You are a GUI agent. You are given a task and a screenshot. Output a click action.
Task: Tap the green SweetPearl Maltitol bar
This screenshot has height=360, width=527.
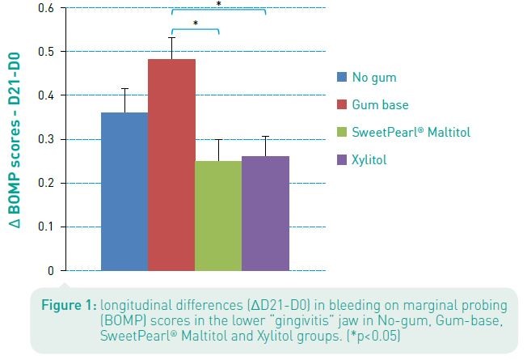point(218,215)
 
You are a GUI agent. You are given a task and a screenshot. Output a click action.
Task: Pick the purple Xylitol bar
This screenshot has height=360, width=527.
point(265,213)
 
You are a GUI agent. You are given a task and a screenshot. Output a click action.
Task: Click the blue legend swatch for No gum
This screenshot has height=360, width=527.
point(342,78)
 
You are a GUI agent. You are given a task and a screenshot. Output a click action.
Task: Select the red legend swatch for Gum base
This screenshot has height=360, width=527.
point(342,105)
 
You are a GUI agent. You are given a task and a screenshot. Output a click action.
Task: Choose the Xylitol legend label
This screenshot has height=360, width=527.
point(369,160)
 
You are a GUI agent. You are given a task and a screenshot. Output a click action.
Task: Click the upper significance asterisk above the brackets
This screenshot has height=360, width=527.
point(218,4)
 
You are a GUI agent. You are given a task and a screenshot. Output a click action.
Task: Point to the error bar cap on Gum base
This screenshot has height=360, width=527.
point(171,37)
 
